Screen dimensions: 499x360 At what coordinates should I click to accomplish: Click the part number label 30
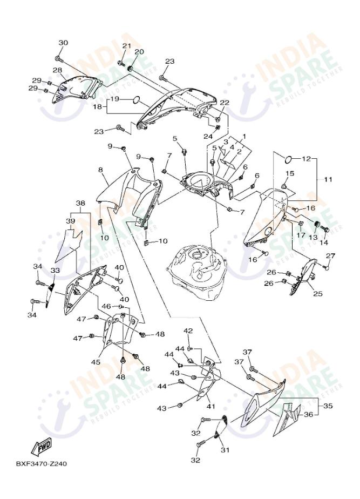pos(63,43)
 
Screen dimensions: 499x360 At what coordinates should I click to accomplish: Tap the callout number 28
pos(57,70)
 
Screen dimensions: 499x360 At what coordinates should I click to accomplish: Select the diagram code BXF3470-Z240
pos(42,463)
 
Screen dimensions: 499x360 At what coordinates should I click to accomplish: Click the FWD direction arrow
pos(42,447)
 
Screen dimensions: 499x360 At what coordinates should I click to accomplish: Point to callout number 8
pos(100,170)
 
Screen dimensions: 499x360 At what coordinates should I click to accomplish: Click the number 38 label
pos(80,204)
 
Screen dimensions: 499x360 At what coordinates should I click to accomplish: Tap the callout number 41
pos(210,406)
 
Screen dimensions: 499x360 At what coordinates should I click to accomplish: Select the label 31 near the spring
pos(225,449)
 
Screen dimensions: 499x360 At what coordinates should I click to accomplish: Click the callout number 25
pos(317,294)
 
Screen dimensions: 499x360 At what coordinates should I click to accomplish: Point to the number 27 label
pos(330,256)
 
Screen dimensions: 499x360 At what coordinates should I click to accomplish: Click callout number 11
pos(329,178)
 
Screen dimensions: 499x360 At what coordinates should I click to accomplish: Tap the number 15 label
pos(290,173)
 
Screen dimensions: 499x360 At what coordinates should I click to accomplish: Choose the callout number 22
pos(224,103)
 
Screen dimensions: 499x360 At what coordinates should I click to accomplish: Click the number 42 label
pos(188,331)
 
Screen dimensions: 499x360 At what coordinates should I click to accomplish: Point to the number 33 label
pos(55,271)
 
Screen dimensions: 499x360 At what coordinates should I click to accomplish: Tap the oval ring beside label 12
pos(289,159)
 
